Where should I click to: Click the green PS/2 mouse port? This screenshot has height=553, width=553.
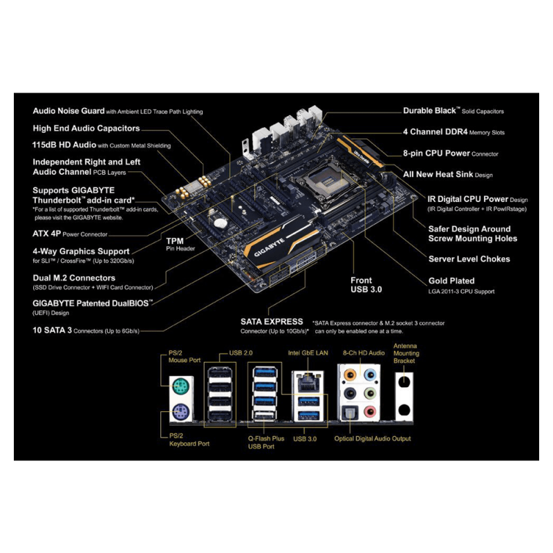tap(181, 387)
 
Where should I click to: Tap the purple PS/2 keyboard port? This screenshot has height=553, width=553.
tap(181, 411)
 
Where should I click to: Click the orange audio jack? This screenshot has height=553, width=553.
tap(350, 375)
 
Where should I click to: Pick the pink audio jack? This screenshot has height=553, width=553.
tap(369, 411)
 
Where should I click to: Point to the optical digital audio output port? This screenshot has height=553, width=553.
tap(350, 412)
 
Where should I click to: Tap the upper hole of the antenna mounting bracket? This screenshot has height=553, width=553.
tap(404, 382)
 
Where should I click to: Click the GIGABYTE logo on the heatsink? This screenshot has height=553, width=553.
tap(269, 247)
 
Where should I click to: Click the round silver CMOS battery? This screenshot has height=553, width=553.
tap(221, 223)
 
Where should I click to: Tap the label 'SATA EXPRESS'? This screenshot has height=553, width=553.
tap(272, 321)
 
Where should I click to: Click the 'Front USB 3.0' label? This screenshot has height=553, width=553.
tap(366, 285)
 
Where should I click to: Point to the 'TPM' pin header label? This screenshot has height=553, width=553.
tap(175, 241)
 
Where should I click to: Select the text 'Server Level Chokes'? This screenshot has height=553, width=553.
tap(469, 259)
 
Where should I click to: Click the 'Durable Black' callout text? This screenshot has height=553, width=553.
tap(429, 111)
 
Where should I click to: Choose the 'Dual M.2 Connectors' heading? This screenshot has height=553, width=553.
tap(74, 278)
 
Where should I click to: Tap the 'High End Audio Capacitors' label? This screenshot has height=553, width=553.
tap(86, 129)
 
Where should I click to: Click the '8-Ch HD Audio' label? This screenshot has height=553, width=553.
tap(364, 353)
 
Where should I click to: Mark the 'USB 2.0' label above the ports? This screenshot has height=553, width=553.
tap(241, 353)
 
